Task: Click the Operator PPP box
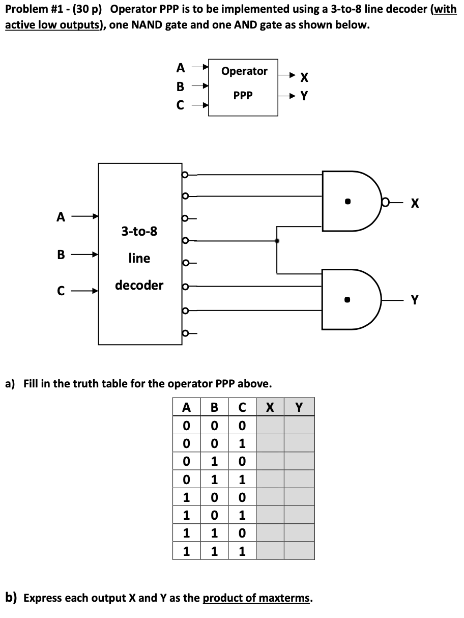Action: click(243, 87)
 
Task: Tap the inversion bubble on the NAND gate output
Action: click(388, 203)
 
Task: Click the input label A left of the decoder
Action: click(61, 218)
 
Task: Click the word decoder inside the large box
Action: click(139, 285)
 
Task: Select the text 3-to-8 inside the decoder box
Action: click(139, 232)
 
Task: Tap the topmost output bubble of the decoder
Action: click(185, 175)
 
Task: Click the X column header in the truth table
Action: click(270, 407)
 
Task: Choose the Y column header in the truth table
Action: click(299, 407)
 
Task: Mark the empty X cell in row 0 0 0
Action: click(270, 425)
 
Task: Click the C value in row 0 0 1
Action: click(242, 443)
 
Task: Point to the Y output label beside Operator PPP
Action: click(304, 96)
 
